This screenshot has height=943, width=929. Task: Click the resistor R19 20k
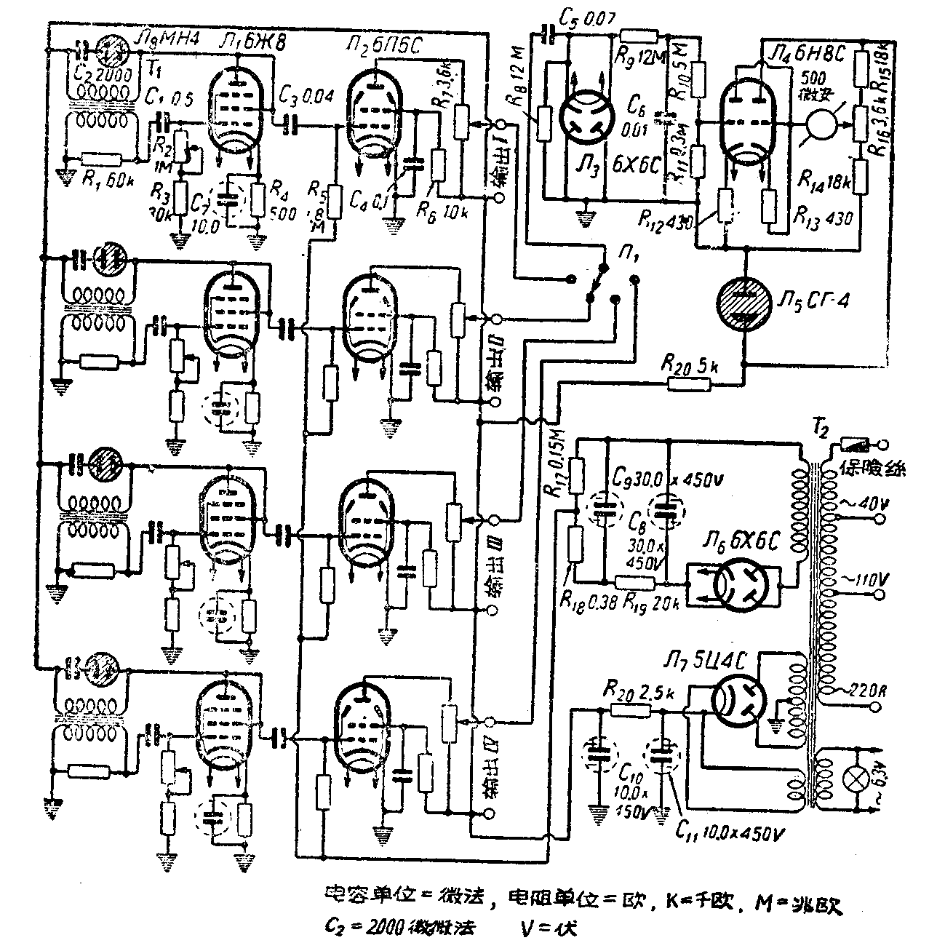(x=635, y=582)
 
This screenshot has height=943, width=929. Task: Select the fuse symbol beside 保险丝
(x=853, y=444)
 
